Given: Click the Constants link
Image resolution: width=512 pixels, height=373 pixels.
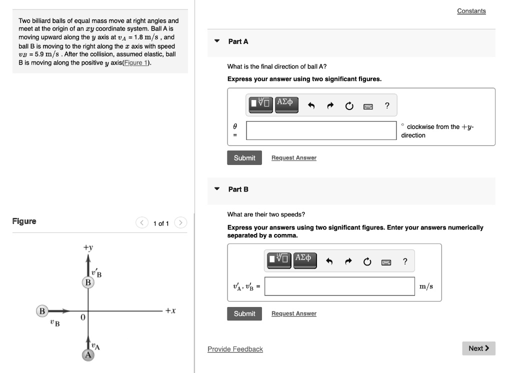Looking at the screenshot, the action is click(x=471, y=11).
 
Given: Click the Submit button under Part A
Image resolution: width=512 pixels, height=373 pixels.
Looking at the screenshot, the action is click(x=244, y=158).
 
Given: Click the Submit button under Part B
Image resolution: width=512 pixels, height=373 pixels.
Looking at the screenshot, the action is click(x=244, y=313).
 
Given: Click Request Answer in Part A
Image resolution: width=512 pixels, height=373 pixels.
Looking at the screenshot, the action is click(x=293, y=158).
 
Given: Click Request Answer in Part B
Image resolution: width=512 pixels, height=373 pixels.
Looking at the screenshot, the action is click(x=293, y=313).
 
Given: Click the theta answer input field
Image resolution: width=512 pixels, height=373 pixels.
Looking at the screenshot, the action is click(x=321, y=130).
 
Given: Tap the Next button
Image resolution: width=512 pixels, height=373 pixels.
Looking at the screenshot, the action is click(x=478, y=348).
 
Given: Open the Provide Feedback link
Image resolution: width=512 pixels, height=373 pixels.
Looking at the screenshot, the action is click(x=235, y=349).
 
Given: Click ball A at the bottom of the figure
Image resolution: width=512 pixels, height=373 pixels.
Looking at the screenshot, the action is click(x=88, y=354).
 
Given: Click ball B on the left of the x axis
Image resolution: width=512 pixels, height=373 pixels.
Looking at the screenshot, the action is click(x=42, y=311).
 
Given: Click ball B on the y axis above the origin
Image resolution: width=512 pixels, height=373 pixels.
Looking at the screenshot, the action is click(x=88, y=282).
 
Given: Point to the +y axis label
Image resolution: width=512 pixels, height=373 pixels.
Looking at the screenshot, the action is click(x=88, y=247).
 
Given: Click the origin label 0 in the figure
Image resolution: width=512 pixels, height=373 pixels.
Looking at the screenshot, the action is click(x=83, y=318).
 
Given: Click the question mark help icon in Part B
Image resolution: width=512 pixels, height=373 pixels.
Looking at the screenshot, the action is click(x=405, y=261).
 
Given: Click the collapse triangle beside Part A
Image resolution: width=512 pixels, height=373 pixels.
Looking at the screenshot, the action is click(x=216, y=41).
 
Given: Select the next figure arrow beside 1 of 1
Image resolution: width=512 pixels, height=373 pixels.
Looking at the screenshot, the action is click(x=181, y=223).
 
